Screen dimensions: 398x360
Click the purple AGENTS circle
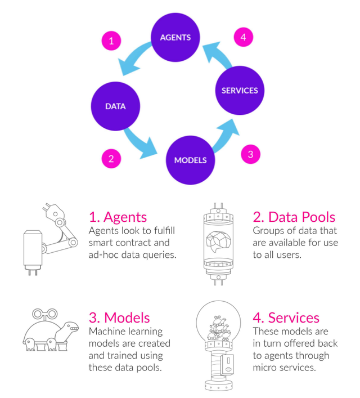coord(175,38)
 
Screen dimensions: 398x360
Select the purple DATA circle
coord(115,106)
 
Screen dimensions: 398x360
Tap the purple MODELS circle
coord(190,159)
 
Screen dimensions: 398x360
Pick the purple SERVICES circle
coord(240,91)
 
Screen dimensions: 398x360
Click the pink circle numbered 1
coord(111,41)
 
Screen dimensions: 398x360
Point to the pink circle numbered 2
coord(111,158)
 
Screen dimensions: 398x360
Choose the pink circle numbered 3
coord(250,154)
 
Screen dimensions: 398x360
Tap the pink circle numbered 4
coord(243,38)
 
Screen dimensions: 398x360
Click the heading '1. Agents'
coord(118,217)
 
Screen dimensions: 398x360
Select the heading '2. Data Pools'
coord(294,217)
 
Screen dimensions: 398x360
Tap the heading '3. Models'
coord(120,317)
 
